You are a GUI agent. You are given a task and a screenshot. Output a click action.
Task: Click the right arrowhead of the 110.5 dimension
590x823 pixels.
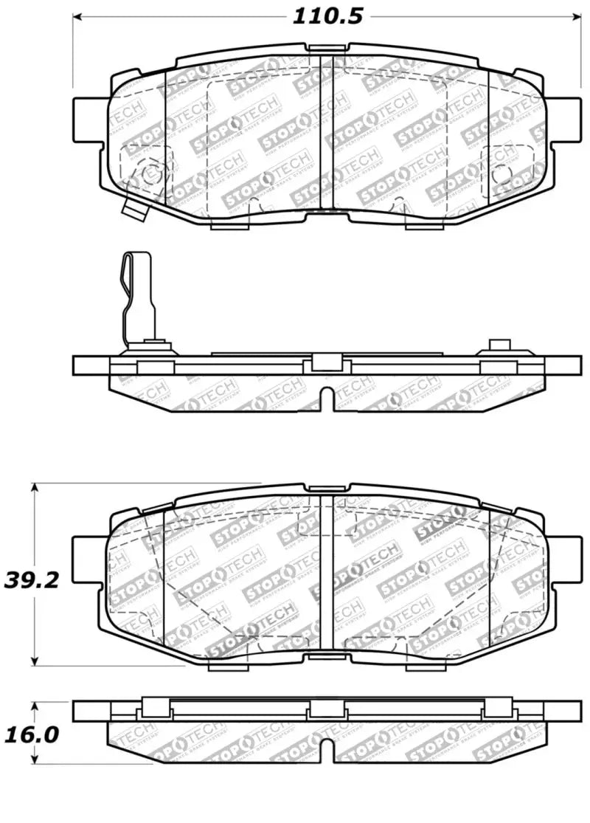[x=580, y=17]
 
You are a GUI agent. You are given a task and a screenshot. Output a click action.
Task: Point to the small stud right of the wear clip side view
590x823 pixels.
[x=499, y=345]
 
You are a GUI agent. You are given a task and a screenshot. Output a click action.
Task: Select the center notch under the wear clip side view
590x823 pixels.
[x=331, y=399]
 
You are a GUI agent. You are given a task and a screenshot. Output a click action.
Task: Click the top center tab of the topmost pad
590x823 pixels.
[x=329, y=49]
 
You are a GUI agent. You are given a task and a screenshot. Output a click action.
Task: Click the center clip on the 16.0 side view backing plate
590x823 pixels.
[x=326, y=709]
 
